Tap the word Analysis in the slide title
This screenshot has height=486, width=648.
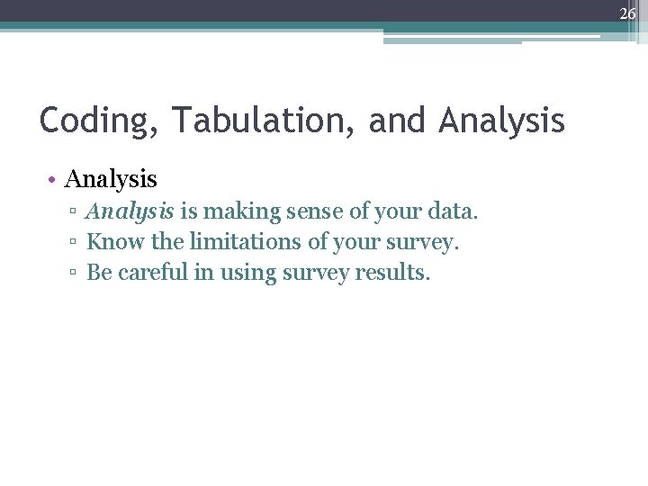(x=502, y=120)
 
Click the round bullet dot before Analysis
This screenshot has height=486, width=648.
(x=55, y=180)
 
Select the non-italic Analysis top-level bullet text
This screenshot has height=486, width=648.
(x=111, y=180)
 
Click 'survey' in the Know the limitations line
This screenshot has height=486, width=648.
(x=424, y=243)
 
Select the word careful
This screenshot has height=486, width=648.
(x=152, y=272)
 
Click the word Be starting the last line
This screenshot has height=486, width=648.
(x=98, y=272)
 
